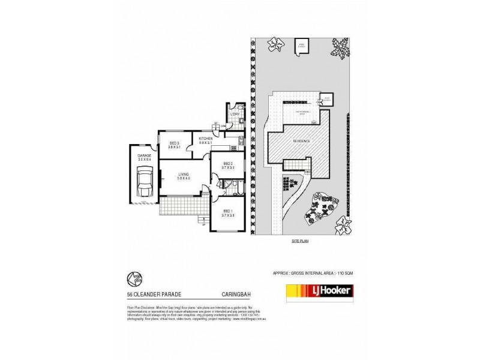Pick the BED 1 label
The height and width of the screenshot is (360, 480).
(227, 212)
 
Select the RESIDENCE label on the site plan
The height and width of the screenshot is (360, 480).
(301, 140)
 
